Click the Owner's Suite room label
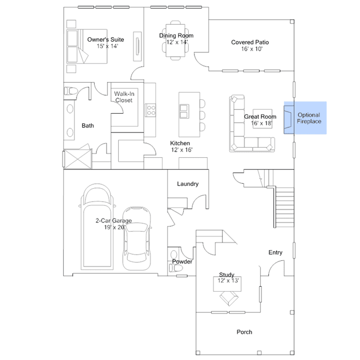tap(105, 39)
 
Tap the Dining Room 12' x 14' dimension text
tap(177, 42)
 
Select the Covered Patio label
tap(250, 42)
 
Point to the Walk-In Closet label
tap(124, 97)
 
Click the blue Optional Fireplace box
tap(305, 118)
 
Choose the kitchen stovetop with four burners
tap(150, 110)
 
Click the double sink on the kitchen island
tap(184, 112)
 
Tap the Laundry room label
tap(188, 184)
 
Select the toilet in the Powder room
tap(176, 268)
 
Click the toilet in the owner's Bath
tap(71, 91)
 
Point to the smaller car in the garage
tap(137, 239)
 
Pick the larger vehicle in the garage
tap(97, 226)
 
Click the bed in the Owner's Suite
tap(87, 46)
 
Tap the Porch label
tap(245, 332)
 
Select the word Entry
tap(275, 252)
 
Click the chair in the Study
tap(229, 298)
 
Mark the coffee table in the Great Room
tap(263, 119)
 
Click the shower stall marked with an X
tap(77, 159)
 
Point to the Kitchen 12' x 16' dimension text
tap(181, 150)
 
